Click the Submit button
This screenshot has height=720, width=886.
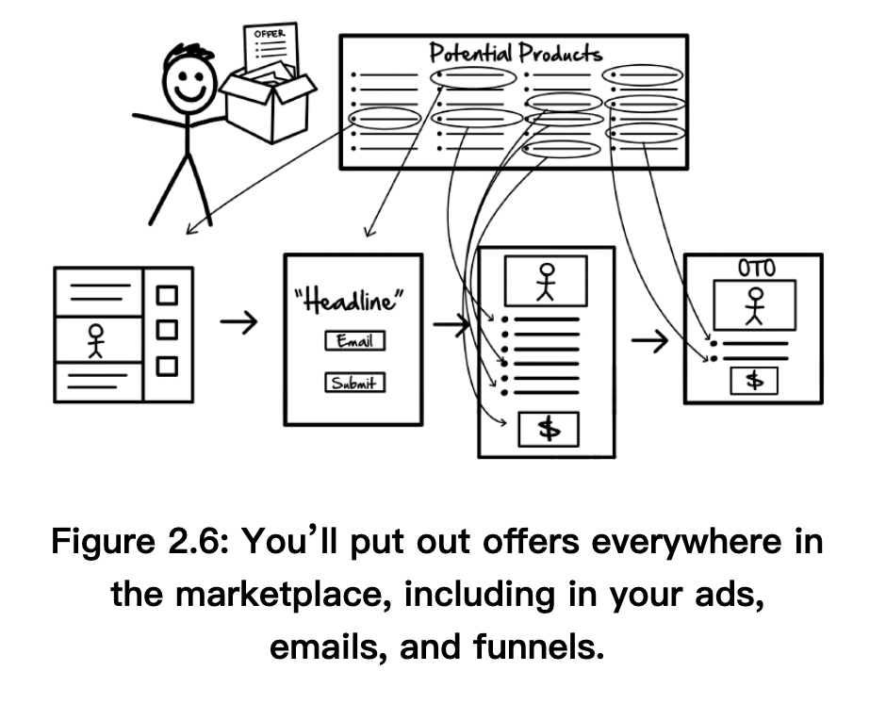click(x=354, y=382)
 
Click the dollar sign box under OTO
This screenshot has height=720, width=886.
click(x=754, y=380)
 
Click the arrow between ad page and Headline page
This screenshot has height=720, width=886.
click(x=239, y=324)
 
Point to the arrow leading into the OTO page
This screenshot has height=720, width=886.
click(x=649, y=343)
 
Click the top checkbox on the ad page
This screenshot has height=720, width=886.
click(x=167, y=296)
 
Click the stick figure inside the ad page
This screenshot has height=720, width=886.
click(x=96, y=341)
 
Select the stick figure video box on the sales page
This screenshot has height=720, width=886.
click(x=547, y=280)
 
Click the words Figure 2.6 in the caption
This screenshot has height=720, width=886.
click(x=141, y=543)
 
